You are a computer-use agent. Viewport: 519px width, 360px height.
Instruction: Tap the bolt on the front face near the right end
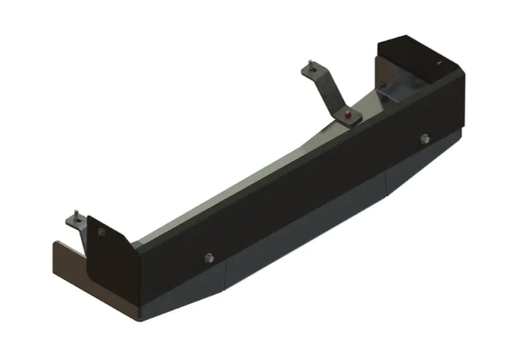(424, 139)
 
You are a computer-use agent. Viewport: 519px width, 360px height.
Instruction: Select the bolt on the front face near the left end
(208, 258)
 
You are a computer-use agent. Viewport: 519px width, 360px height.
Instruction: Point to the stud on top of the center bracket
(310, 63)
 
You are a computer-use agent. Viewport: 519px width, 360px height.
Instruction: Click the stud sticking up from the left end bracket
(74, 216)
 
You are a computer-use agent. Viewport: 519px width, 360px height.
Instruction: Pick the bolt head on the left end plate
(101, 233)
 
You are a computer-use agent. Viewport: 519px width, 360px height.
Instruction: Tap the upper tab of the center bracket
(314, 72)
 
